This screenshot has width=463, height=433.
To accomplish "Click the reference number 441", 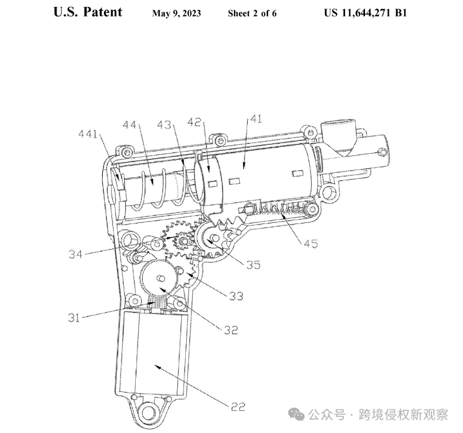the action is pyautogui.click(x=88, y=135).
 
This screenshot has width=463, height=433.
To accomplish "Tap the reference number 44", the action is pyautogui.click(x=129, y=125).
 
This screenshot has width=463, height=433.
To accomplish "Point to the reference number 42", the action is pyautogui.click(x=194, y=122).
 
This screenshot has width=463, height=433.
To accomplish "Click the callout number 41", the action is pyautogui.click(x=256, y=119).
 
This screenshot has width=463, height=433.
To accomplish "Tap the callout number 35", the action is pyautogui.click(x=254, y=264).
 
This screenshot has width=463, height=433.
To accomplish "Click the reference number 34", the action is pyautogui.click(x=75, y=254).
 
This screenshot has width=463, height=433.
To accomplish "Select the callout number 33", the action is pyautogui.click(x=236, y=296).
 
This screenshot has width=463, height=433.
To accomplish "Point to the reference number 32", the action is pyautogui.click(x=231, y=330).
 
